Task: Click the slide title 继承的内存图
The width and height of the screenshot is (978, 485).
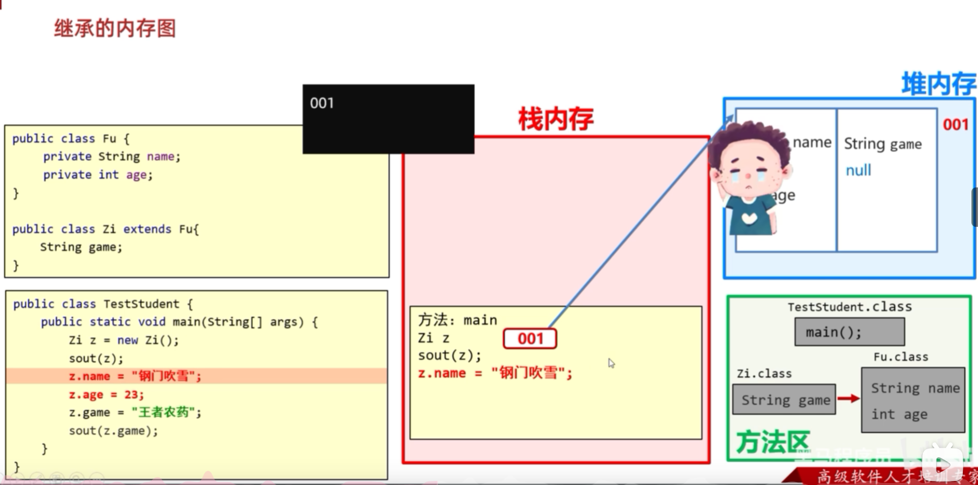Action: coord(115,28)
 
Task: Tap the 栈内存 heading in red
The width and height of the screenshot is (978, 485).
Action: coord(555,120)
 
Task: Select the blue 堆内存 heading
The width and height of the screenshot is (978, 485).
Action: coord(939,84)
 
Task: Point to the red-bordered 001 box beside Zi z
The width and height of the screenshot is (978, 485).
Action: coord(530,338)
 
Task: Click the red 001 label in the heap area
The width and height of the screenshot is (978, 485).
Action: coord(955,124)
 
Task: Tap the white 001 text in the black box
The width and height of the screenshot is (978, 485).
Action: coord(322,103)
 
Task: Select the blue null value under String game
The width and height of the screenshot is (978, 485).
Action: coord(858,170)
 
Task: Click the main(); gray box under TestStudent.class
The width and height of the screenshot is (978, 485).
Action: coord(849,332)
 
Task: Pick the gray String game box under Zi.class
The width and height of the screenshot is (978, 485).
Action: coord(784,400)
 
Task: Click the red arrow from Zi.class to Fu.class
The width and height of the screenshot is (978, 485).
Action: coord(848,399)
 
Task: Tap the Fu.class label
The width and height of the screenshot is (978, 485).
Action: coord(901,357)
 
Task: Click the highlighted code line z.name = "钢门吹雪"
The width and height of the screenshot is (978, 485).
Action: coord(135,376)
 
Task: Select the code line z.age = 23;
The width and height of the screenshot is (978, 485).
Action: coord(107,395)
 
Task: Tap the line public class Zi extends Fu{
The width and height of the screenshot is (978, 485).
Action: coord(106,229)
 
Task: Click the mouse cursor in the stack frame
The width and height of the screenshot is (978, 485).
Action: coord(611,362)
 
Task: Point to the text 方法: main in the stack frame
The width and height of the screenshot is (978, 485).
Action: coord(457,320)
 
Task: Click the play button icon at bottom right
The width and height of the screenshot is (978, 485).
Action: coord(942,463)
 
